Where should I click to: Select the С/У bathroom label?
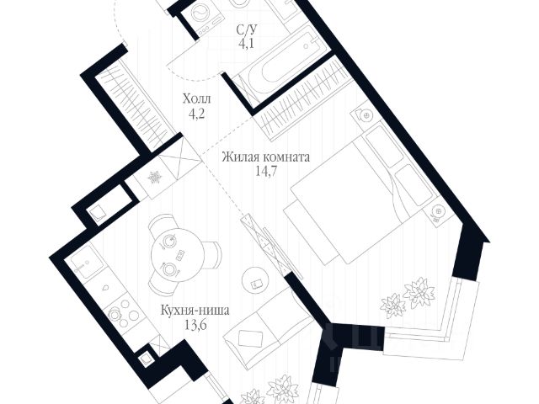click(x=246, y=30)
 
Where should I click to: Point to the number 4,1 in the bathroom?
click(x=246, y=44)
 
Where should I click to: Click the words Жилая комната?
click(x=267, y=157)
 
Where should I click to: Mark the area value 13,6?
click(x=195, y=325)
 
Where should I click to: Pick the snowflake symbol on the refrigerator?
click(x=154, y=178)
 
